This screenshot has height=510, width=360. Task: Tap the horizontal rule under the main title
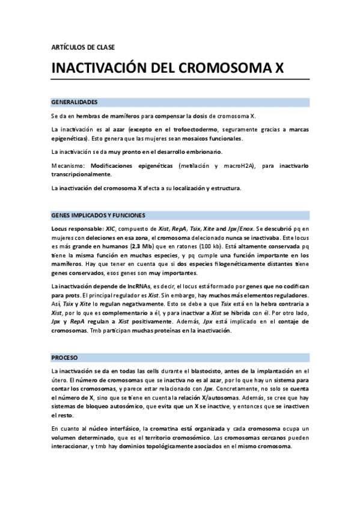tap(180, 79)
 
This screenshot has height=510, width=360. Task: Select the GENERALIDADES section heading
tap(75, 102)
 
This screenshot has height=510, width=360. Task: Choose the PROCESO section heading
tap(65, 357)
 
